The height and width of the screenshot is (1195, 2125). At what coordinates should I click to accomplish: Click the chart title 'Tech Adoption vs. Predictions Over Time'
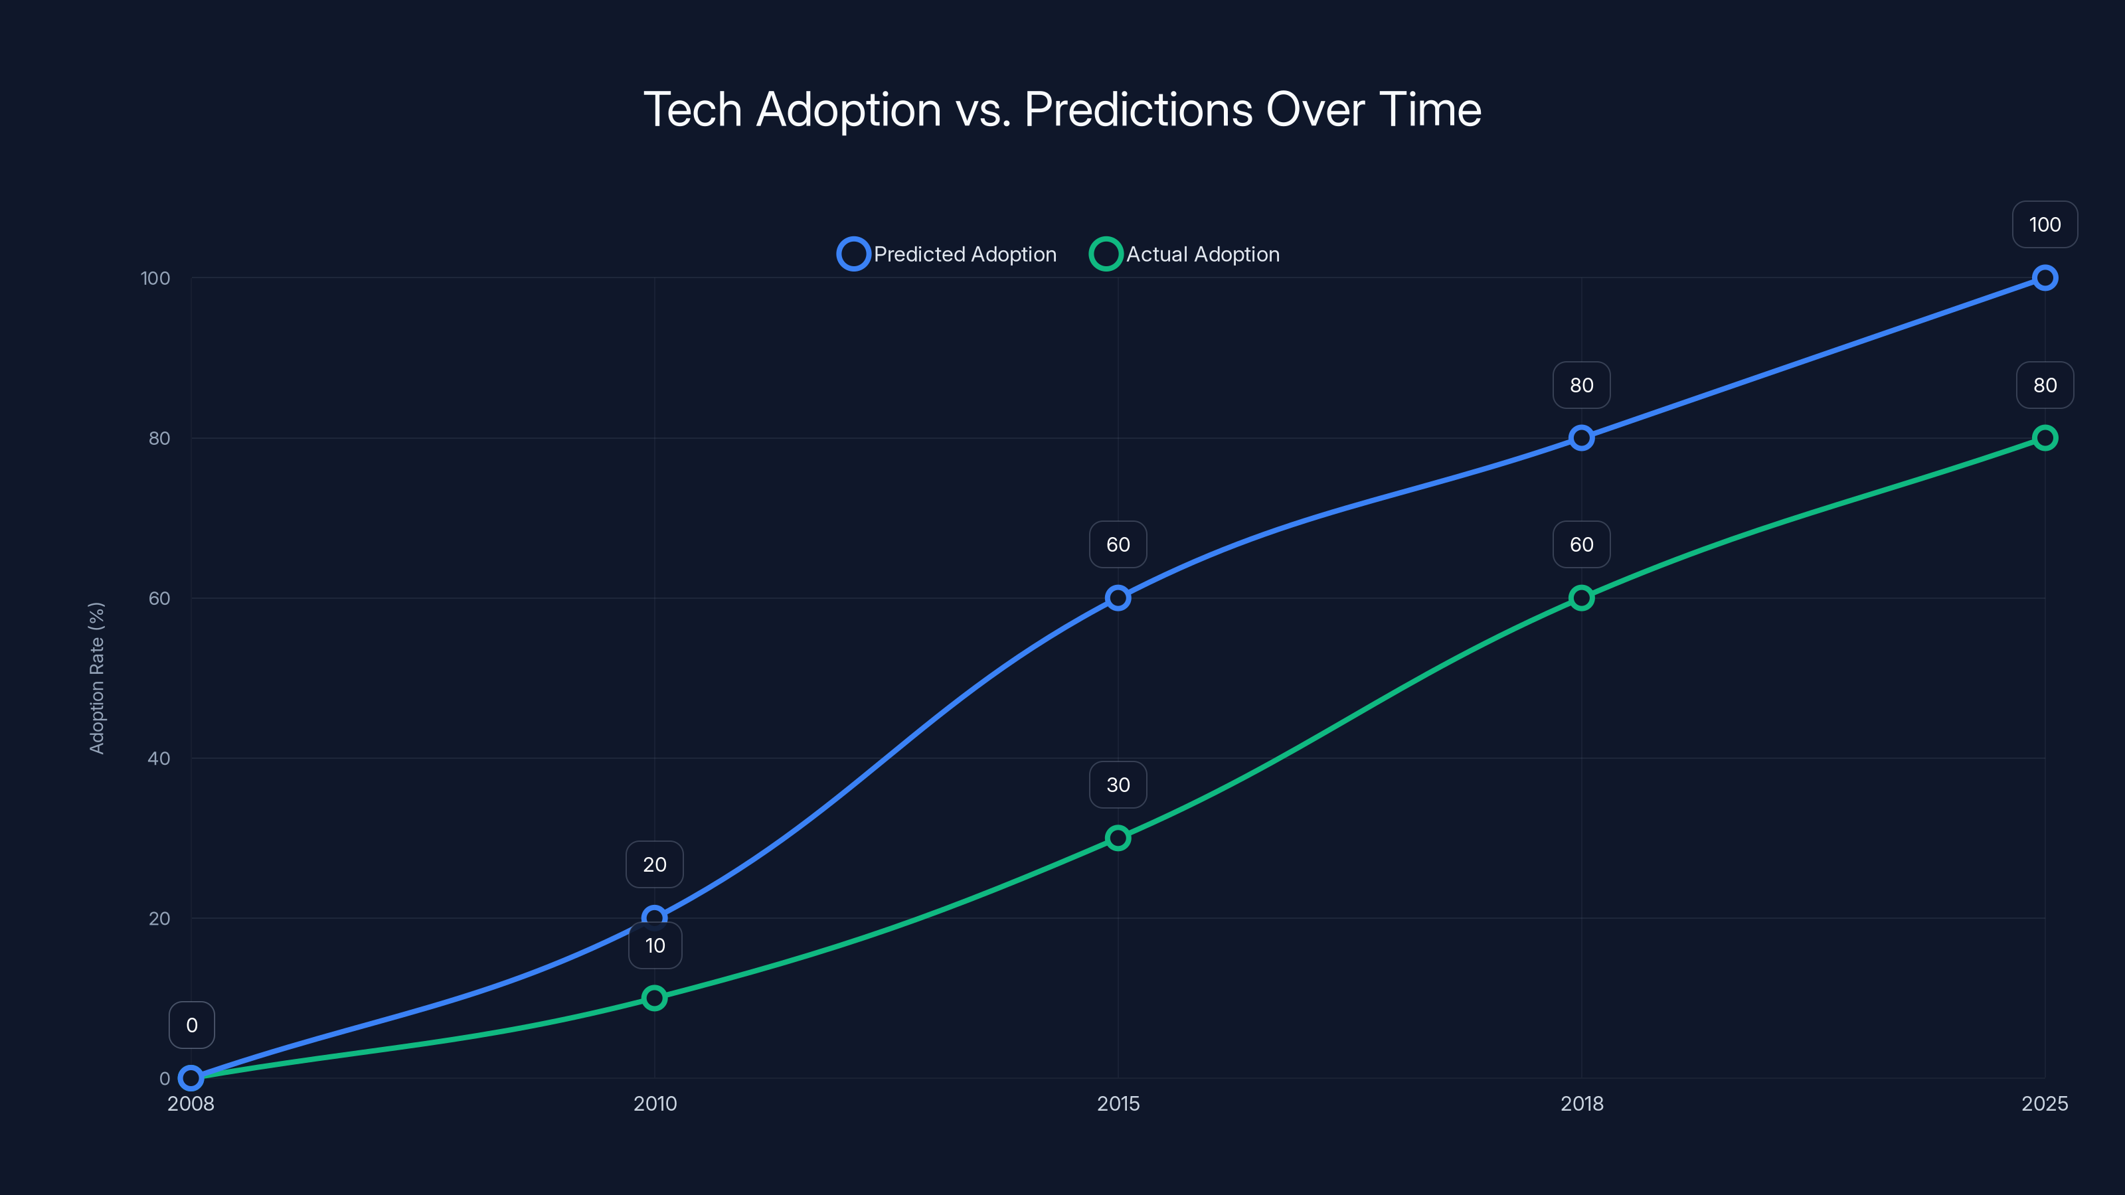[1062, 110]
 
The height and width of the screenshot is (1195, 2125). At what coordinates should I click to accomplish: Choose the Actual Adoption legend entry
[1185, 254]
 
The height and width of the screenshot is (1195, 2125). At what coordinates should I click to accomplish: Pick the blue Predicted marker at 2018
[1581, 438]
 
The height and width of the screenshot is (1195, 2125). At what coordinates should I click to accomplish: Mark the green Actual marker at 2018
[1581, 598]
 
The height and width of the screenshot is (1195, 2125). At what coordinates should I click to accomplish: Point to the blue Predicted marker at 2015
[1118, 598]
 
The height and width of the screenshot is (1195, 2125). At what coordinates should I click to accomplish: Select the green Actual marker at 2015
[1118, 838]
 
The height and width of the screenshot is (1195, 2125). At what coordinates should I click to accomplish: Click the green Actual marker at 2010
[654, 998]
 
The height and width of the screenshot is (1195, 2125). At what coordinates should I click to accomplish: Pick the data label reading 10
[655, 945]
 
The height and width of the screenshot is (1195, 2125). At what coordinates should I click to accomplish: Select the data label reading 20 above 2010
[654, 864]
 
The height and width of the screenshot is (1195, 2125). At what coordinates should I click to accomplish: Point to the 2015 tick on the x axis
[1118, 1103]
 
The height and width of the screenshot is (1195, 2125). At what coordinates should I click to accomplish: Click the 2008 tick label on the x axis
[191, 1103]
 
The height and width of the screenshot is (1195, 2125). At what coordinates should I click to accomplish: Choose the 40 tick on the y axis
[159, 758]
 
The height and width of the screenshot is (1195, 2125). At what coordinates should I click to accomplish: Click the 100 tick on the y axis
[155, 278]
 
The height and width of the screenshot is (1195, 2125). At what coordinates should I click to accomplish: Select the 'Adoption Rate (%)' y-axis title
[96, 678]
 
